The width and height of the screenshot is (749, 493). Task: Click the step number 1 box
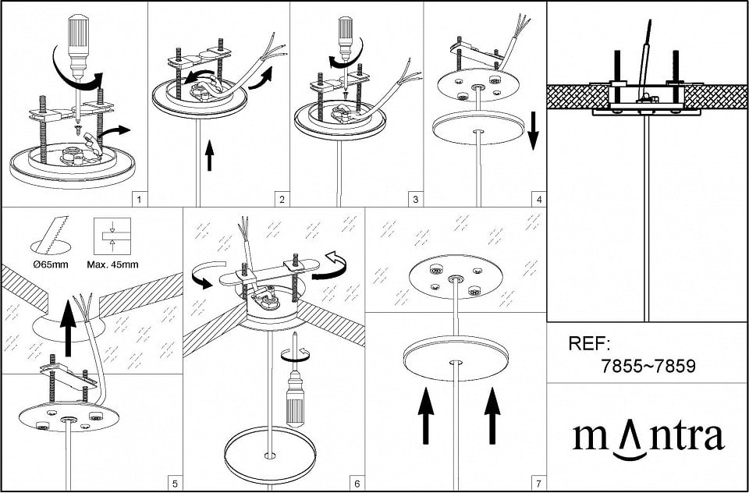click(139, 199)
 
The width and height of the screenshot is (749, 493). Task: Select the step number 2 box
click(282, 199)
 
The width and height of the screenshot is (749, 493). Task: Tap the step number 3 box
click(415, 199)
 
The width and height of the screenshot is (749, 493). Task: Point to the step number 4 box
click(539, 199)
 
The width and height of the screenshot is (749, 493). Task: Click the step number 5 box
click(175, 484)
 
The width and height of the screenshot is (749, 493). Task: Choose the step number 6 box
click(357, 484)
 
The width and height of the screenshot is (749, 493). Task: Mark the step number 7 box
click(539, 484)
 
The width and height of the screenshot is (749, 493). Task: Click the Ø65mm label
click(51, 264)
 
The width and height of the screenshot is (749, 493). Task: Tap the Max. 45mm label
click(112, 264)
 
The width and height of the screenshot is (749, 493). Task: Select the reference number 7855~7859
click(648, 367)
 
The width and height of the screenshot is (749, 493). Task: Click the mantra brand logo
click(648, 439)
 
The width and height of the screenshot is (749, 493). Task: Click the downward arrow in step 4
click(533, 131)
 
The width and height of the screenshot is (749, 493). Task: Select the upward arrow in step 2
click(210, 156)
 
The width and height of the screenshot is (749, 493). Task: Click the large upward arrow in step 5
click(69, 328)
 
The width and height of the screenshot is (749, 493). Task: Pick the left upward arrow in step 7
click(426, 415)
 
